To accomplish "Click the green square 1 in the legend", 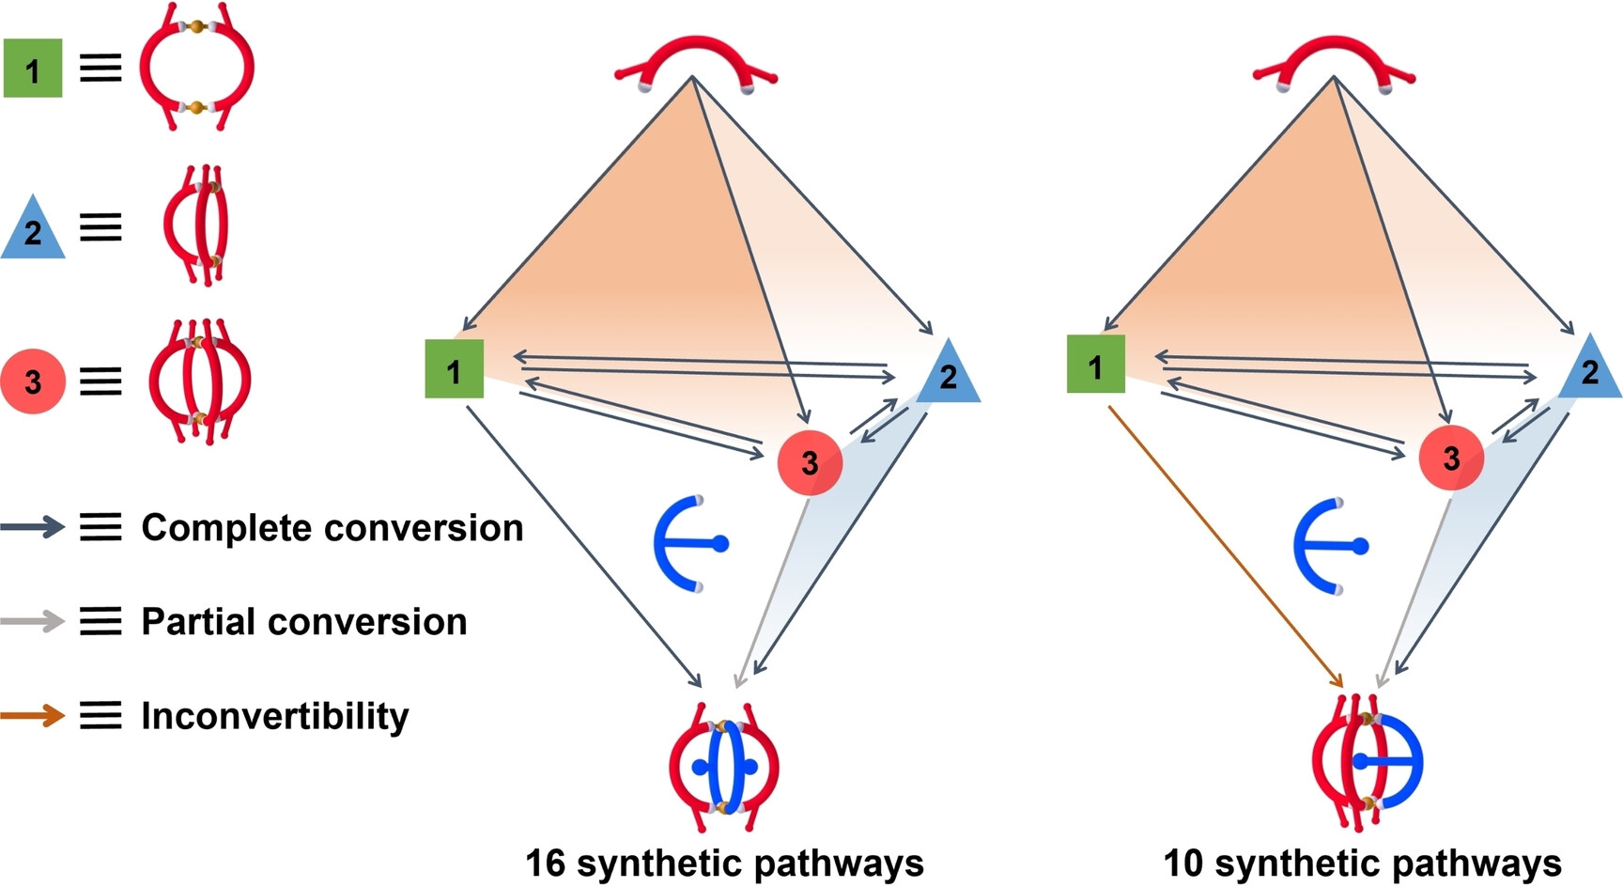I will pos(33,69).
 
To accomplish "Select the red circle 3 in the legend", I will pos(33,381).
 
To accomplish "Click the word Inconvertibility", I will pos(274,716).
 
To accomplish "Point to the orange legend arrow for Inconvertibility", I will pos(33,716).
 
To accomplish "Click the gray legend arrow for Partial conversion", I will pos(33,621).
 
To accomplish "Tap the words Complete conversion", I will pos(332,528).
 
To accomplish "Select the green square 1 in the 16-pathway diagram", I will pos(455,369).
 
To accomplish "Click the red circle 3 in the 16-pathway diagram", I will pos(810,462).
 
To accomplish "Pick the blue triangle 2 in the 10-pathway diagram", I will pos(1590,371).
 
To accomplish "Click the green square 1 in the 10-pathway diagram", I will pos(1096,365).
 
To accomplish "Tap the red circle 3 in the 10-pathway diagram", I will pos(1451,458).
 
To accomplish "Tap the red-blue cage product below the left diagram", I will pos(724,767).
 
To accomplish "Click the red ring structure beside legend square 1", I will pos(196,68).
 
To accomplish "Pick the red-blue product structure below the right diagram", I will pos(1367,763).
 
